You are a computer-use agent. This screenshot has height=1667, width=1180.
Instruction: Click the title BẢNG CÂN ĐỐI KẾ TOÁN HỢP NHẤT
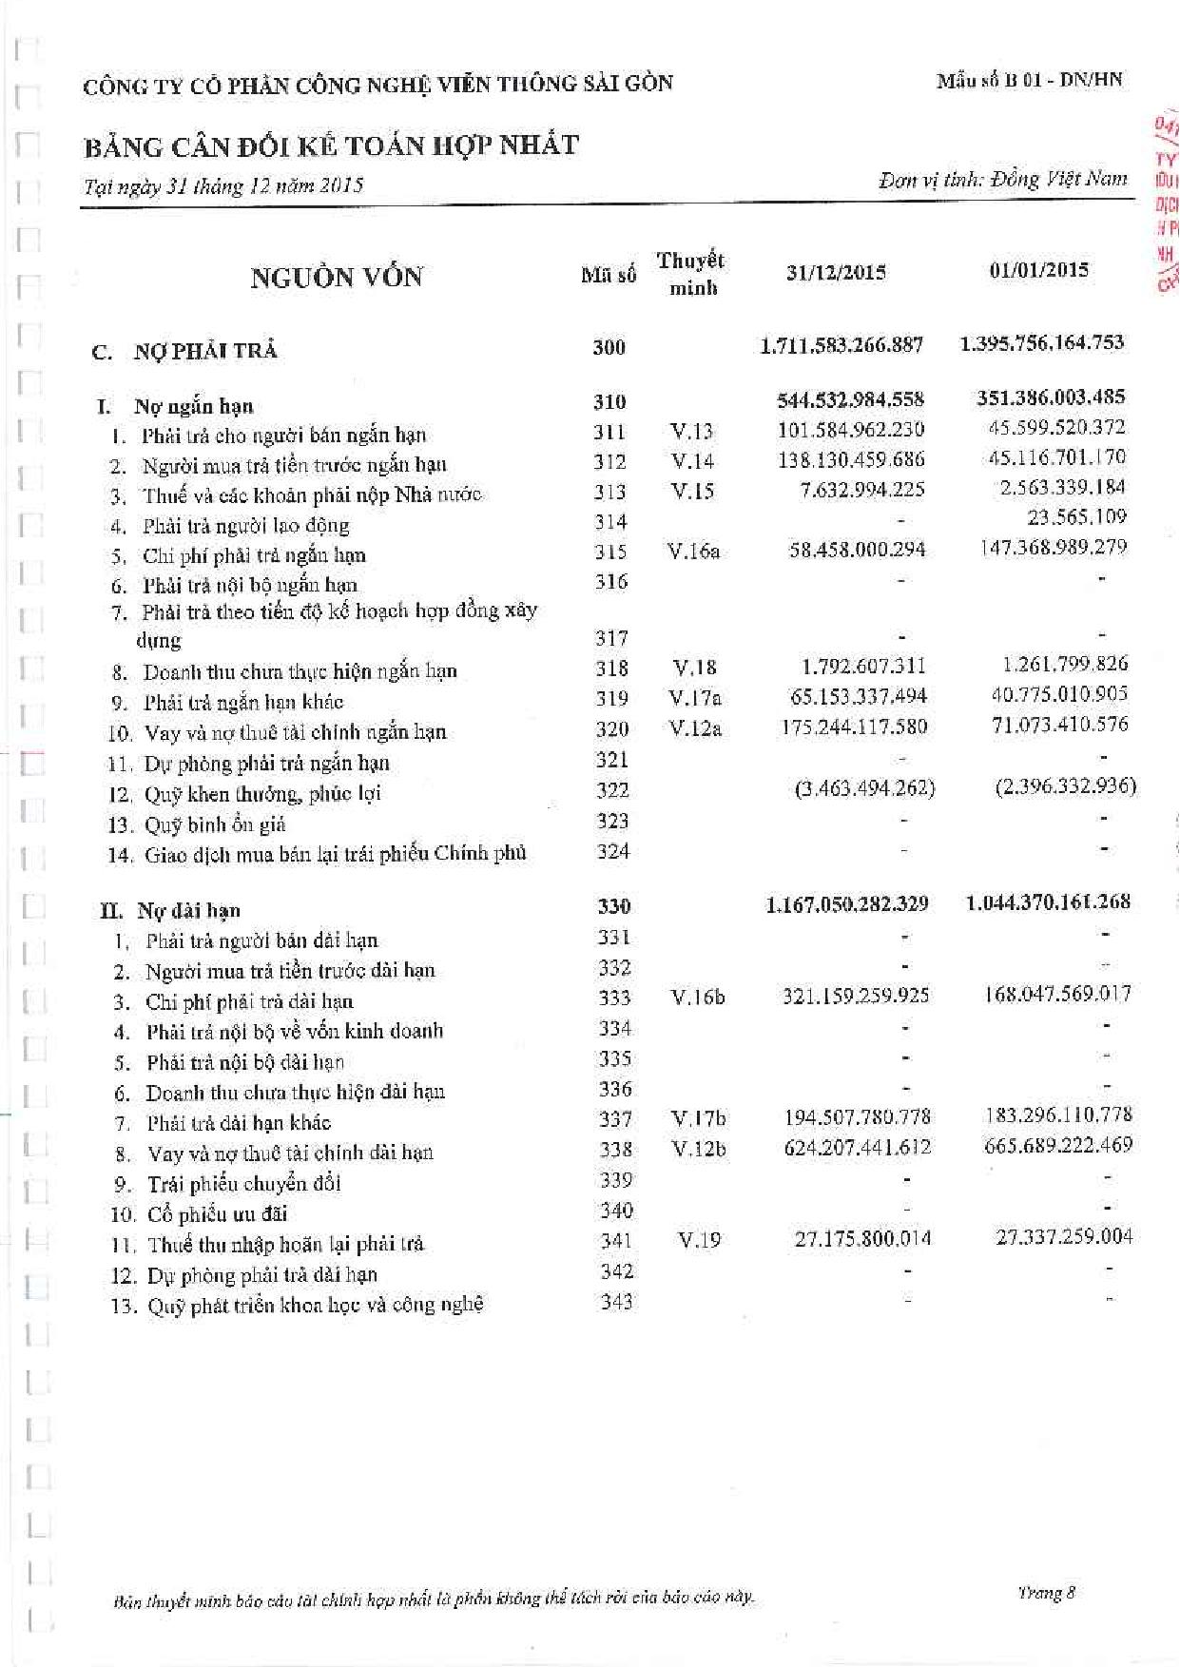[331, 146]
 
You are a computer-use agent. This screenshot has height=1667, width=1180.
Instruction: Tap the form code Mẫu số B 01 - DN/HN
[1029, 80]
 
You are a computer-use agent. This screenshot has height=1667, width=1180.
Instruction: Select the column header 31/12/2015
[836, 273]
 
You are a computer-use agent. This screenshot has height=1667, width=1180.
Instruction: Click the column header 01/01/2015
[1038, 270]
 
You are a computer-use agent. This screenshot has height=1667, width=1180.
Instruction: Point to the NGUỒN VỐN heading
[337, 278]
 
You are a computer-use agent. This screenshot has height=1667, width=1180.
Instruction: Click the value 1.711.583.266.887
[841, 345]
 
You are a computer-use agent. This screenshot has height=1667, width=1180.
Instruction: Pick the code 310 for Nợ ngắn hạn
[609, 402]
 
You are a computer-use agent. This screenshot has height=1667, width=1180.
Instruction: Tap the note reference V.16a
[694, 551]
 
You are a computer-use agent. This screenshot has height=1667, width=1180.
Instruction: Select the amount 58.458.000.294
[857, 550]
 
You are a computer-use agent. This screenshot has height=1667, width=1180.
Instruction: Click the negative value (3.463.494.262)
[864, 788]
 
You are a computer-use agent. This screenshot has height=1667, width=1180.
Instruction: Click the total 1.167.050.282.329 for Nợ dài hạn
[847, 903]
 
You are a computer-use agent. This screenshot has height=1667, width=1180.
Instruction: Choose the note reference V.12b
[699, 1149]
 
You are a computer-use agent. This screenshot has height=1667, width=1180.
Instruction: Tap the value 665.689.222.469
[1058, 1145]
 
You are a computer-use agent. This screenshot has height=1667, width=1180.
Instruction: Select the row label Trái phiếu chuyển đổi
[243, 1184]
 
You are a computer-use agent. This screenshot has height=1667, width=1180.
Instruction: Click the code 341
[616, 1240]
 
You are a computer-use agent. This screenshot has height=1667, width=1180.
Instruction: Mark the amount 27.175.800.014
[862, 1238]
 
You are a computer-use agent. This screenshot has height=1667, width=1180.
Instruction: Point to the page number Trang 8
[1046, 1592]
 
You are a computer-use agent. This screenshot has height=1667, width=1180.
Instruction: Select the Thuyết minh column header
[691, 274]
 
